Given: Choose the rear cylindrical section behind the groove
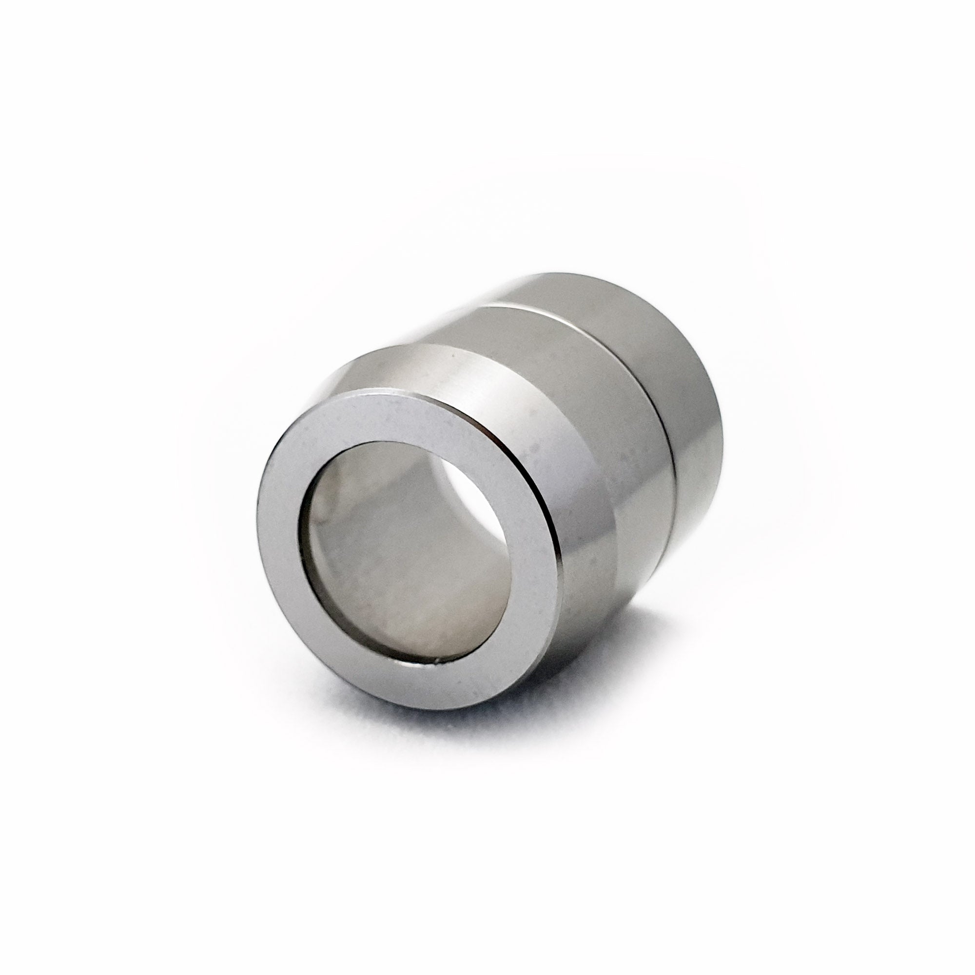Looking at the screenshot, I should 691,384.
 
